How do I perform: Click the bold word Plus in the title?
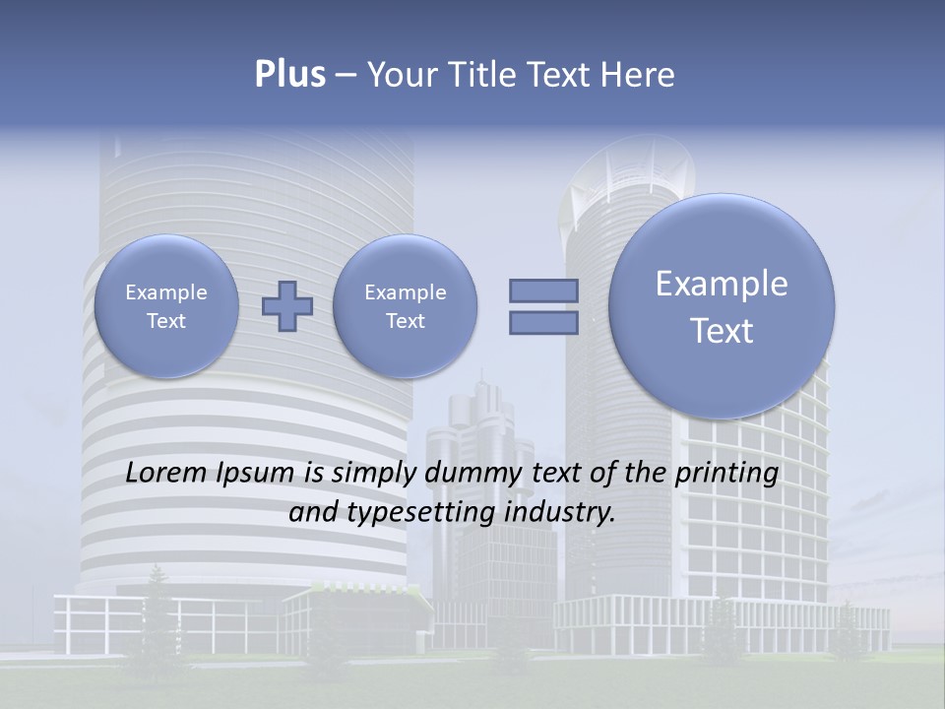click(x=289, y=75)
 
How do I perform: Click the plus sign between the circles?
click(x=287, y=306)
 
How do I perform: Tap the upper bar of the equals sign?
click(x=543, y=290)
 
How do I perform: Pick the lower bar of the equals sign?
click(x=543, y=323)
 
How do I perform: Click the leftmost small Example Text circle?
click(x=166, y=306)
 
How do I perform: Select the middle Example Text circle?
click(x=405, y=306)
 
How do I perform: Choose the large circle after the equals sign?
click(x=722, y=306)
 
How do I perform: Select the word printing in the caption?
click(x=726, y=474)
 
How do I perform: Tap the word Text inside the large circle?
click(x=722, y=331)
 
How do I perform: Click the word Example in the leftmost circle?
click(x=166, y=292)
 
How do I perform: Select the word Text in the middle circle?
click(x=405, y=321)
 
